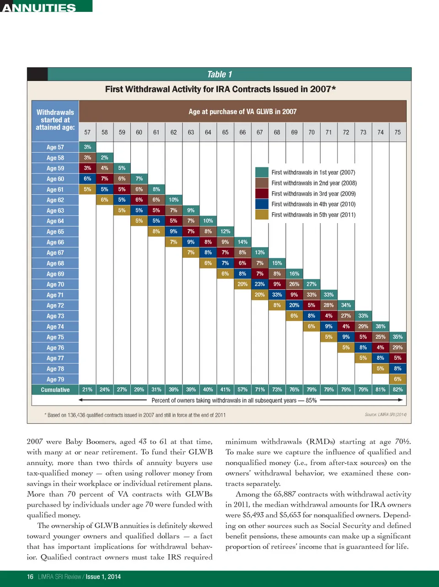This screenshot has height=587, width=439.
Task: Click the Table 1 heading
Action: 219,75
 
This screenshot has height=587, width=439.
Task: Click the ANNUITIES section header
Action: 39,7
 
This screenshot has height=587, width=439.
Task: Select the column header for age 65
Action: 225,132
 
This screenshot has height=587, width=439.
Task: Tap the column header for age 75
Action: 397,132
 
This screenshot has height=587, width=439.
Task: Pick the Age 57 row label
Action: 55,147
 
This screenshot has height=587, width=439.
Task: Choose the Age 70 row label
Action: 55,284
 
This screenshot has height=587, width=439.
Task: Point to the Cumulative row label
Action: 55,390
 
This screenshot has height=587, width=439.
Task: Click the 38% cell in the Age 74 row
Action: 380,326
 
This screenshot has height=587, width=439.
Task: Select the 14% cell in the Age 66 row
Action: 242,242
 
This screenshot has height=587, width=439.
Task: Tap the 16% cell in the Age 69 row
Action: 294,274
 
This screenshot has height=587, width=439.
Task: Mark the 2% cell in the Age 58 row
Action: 105,158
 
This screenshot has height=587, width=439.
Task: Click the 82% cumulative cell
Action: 397,390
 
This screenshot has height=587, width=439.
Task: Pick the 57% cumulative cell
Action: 242,390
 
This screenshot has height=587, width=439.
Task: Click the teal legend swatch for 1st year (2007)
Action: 262,172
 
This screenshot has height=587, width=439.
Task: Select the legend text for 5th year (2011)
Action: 313,215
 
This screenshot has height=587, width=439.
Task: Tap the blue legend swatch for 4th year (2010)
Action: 262,204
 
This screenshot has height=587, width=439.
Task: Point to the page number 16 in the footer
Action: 30,576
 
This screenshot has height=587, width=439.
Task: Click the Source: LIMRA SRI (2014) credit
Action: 385,415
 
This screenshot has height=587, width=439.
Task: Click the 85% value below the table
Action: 311,400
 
